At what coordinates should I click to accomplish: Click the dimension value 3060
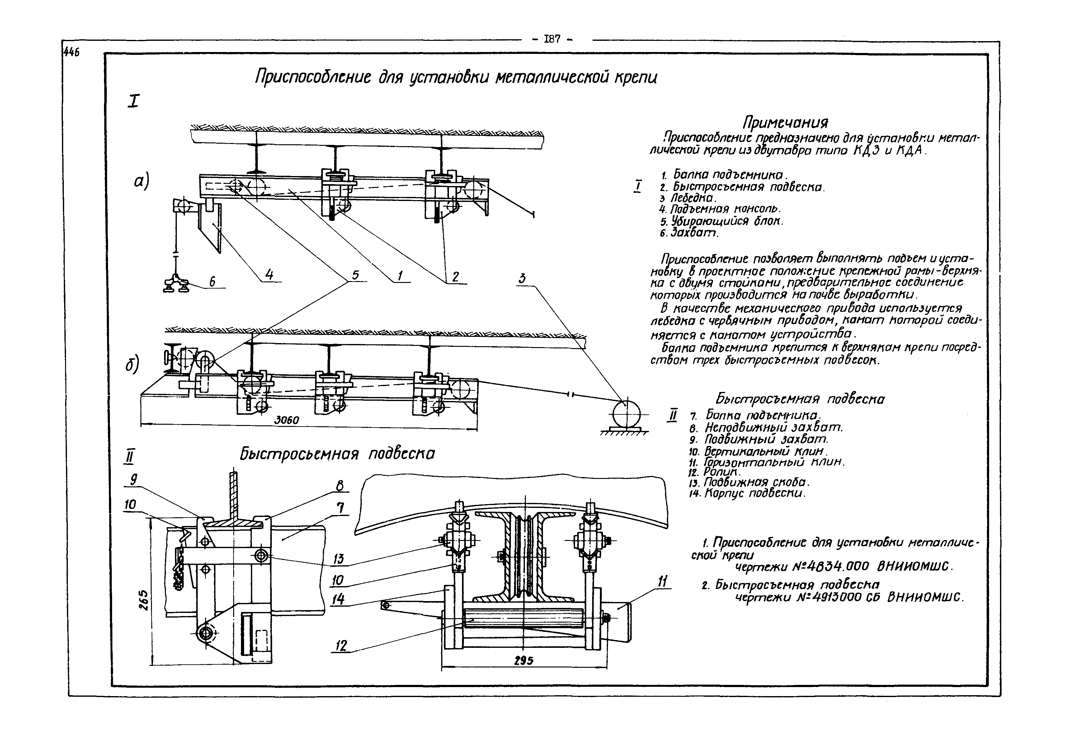pos(286,420)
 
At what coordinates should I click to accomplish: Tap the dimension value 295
pos(523,661)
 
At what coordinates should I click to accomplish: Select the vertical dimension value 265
pos(143,600)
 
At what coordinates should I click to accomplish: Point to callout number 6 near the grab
pos(212,281)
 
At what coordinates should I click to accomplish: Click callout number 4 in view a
pos(269,275)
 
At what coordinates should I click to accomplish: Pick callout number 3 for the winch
pos(522,279)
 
